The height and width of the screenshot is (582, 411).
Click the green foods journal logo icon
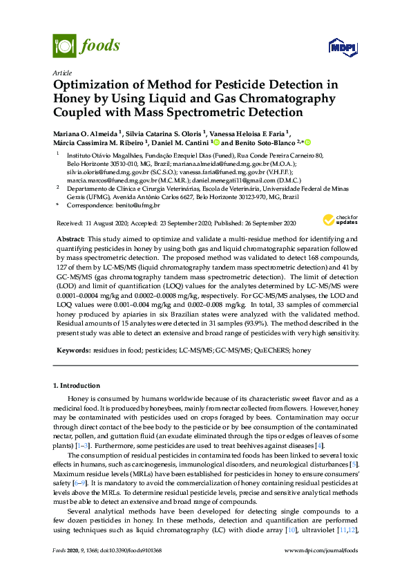pos(64,46)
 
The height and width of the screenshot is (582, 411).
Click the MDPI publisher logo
pos(343,46)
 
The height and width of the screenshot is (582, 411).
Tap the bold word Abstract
pos(70,238)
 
